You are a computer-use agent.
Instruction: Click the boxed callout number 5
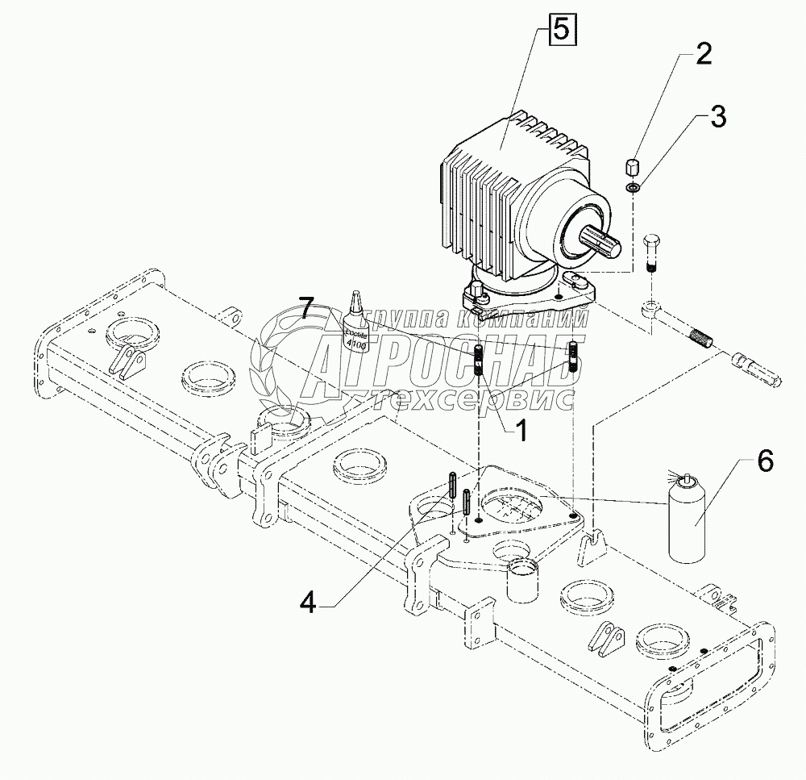click(562, 31)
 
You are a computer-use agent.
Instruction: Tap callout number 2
click(703, 55)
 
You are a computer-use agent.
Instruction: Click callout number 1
click(520, 432)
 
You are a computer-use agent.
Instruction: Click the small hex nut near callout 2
click(633, 169)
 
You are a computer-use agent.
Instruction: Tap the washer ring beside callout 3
click(634, 189)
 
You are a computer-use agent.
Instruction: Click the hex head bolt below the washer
click(653, 250)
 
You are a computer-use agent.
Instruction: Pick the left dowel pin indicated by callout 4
click(453, 487)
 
